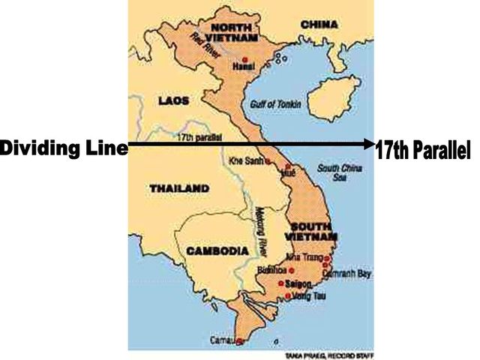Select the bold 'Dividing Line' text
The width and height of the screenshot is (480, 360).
pyautogui.click(x=63, y=147)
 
